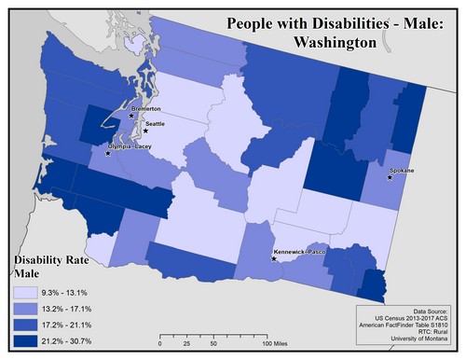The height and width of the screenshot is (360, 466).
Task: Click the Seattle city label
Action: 155,123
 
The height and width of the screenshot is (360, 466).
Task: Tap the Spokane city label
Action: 403,171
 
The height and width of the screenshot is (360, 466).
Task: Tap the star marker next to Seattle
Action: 146,132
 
